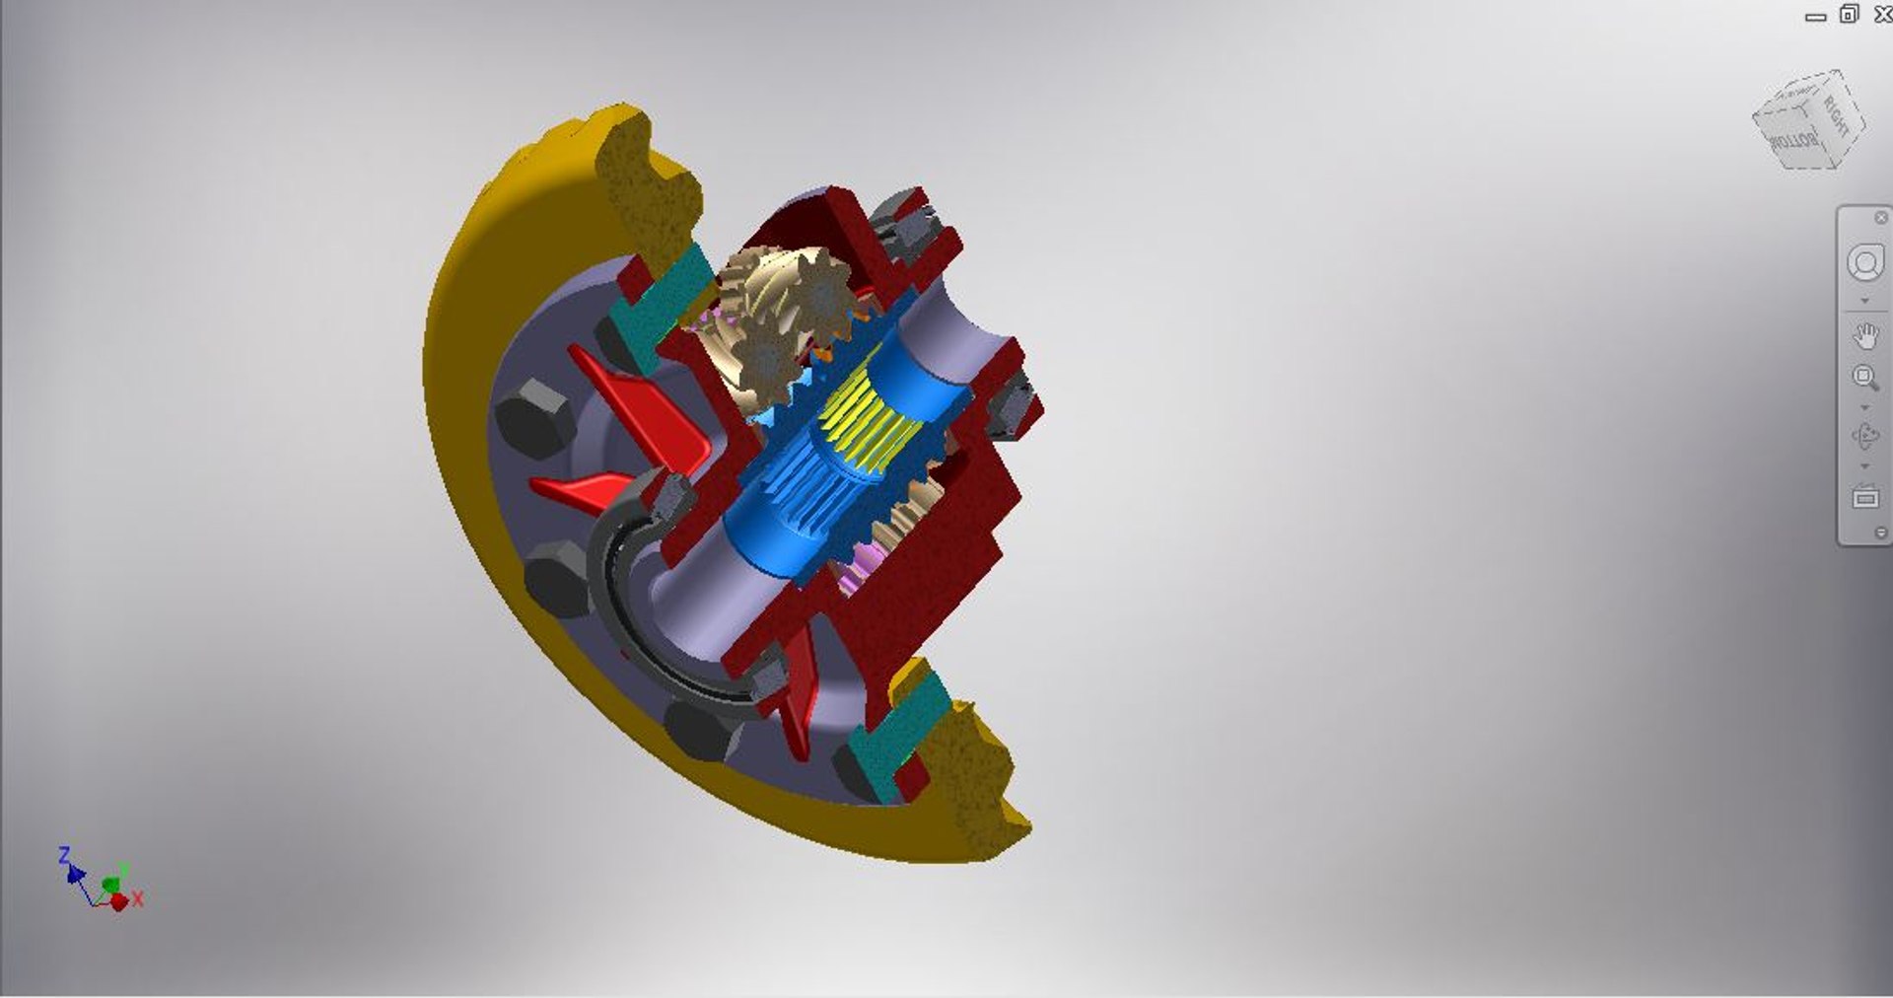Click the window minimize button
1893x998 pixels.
point(1815,17)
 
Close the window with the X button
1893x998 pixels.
point(1882,15)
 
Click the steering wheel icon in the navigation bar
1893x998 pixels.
point(1864,263)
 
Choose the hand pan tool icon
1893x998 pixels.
point(1864,336)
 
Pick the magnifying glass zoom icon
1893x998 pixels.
point(1864,377)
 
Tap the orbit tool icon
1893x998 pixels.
point(1864,435)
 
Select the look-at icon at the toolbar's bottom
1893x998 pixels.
point(1864,497)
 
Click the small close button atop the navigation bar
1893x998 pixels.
point(1880,218)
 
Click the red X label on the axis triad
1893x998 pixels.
point(138,898)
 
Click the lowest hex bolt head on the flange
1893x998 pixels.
point(702,732)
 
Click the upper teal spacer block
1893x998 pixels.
point(659,301)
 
